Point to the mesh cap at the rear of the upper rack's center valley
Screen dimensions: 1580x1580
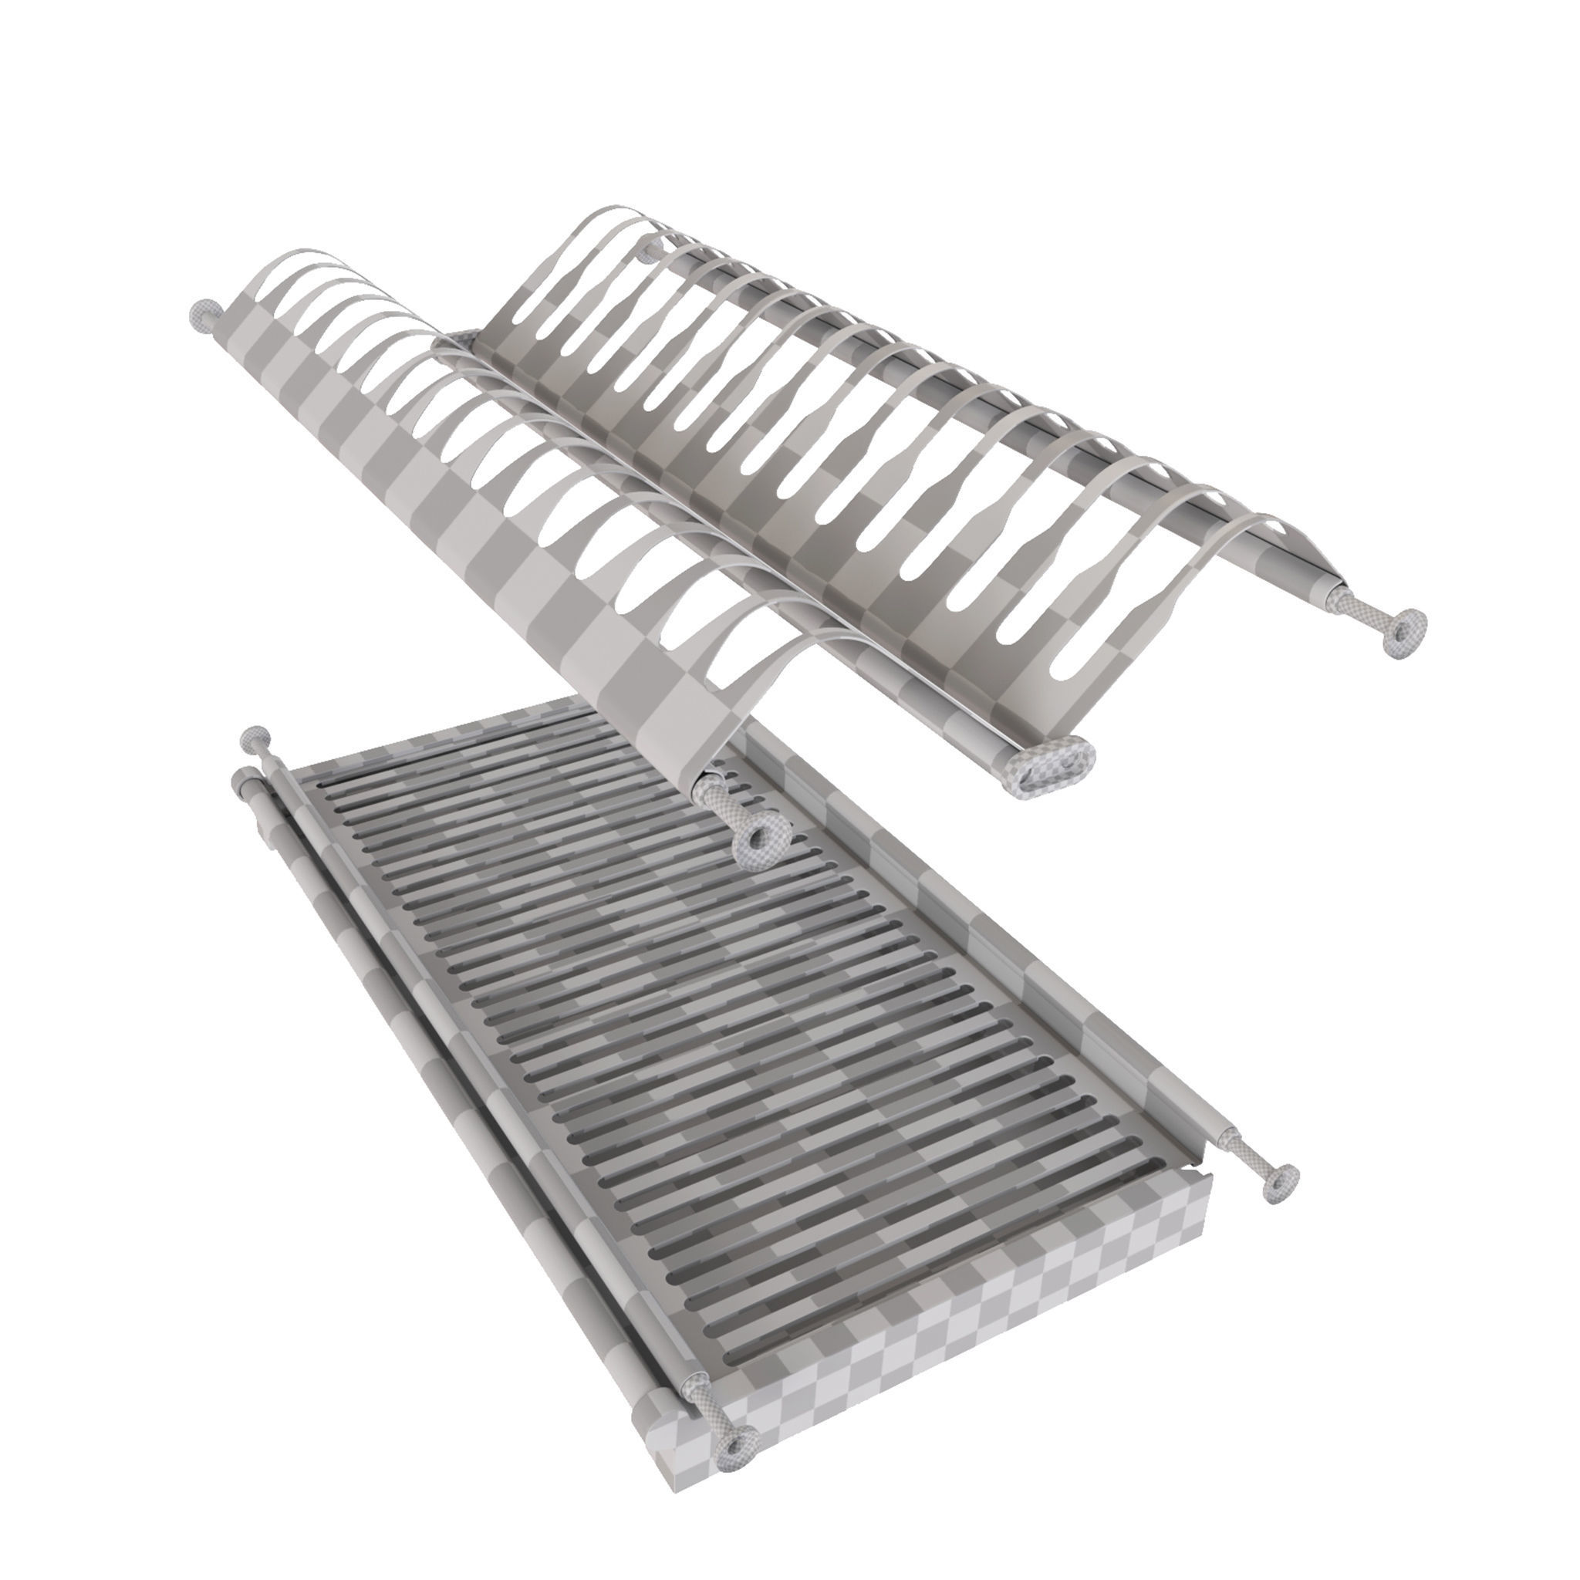pyautogui.click(x=464, y=338)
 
